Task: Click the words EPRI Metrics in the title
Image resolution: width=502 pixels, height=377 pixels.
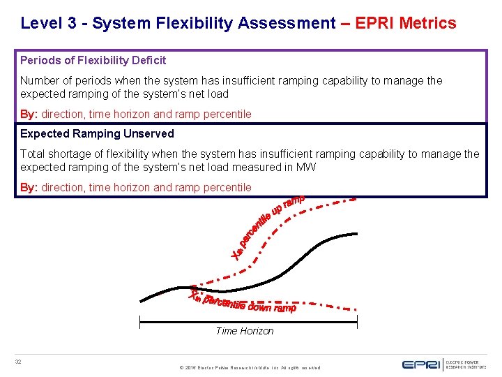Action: click(406, 23)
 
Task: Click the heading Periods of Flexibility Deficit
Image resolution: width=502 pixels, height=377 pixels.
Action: click(93, 61)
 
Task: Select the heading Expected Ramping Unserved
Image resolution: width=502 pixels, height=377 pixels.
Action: click(97, 133)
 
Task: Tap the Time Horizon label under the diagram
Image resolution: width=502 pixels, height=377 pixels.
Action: click(245, 331)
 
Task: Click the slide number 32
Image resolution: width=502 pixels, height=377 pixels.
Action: click(19, 361)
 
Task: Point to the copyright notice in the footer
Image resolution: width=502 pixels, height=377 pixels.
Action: click(249, 367)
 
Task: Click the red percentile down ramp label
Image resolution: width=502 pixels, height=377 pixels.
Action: click(244, 302)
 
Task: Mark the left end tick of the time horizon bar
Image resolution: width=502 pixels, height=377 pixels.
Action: click(140, 322)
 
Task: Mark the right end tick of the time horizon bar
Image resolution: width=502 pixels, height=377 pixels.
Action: click(357, 322)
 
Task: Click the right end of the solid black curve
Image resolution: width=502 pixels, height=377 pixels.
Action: click(357, 233)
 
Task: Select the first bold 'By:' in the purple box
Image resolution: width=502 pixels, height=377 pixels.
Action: click(29, 114)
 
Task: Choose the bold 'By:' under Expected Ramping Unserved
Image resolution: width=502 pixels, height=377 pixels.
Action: click(29, 187)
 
